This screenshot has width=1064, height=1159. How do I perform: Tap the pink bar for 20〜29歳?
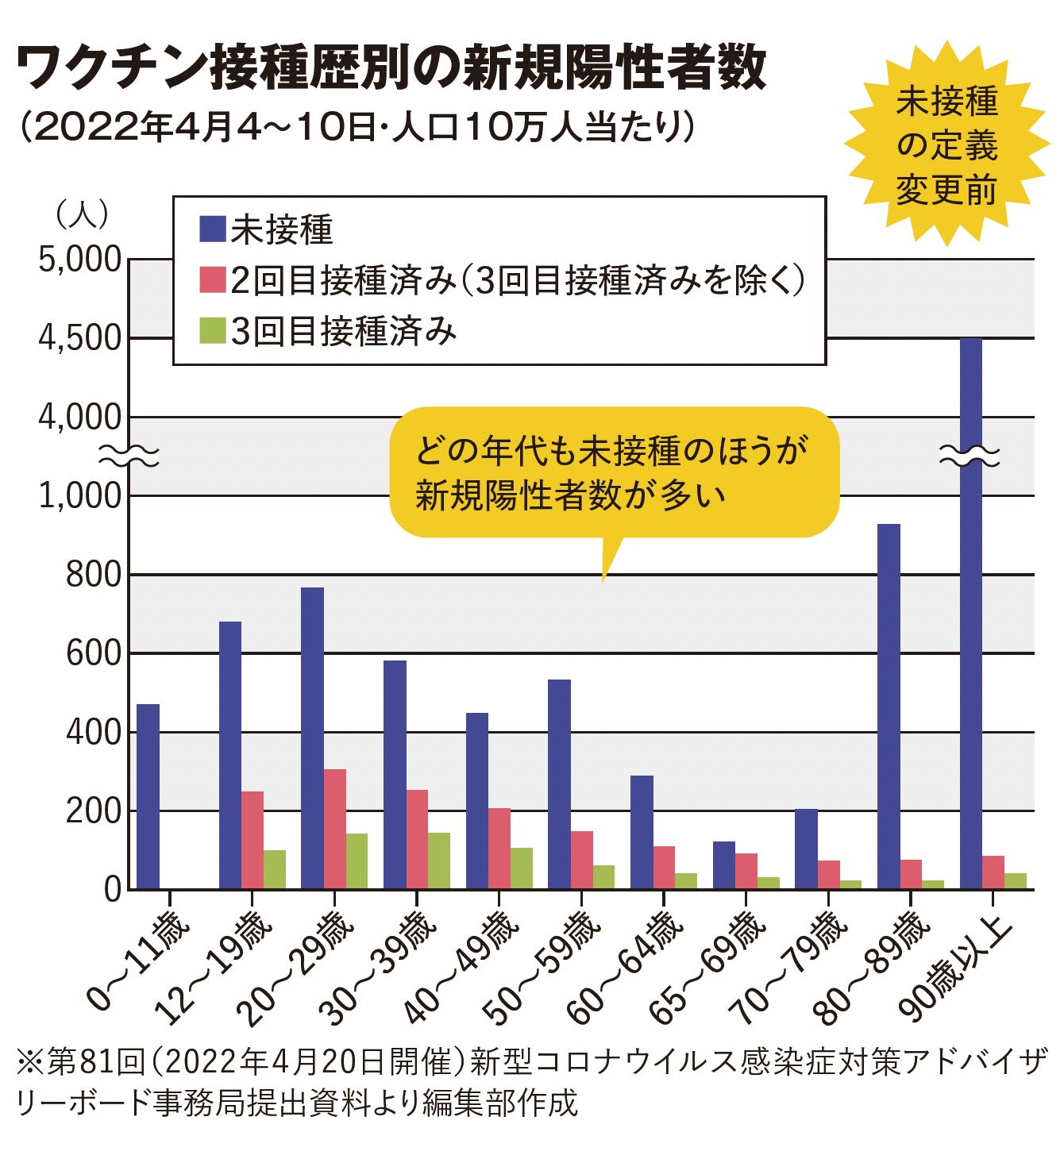coord(334,829)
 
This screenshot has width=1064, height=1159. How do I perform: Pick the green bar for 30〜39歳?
coord(438,861)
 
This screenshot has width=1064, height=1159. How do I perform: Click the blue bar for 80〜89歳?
coord(889,706)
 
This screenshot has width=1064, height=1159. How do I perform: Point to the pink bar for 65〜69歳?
coord(746,871)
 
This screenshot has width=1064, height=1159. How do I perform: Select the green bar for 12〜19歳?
coord(274,869)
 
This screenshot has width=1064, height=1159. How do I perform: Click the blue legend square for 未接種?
coord(212,230)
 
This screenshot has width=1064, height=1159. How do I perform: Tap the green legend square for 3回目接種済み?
coord(212,331)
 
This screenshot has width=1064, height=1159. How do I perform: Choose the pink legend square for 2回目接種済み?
coord(212,280)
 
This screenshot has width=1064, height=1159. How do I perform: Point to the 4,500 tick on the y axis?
coord(79,338)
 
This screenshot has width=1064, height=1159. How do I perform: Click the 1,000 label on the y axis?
coord(79,496)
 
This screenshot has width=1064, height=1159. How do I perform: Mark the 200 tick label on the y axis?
coord(93,811)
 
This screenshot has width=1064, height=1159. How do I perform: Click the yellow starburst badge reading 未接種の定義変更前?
coord(946,146)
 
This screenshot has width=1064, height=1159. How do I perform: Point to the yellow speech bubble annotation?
coord(613,473)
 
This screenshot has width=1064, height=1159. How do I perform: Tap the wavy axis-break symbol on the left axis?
coord(129,456)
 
